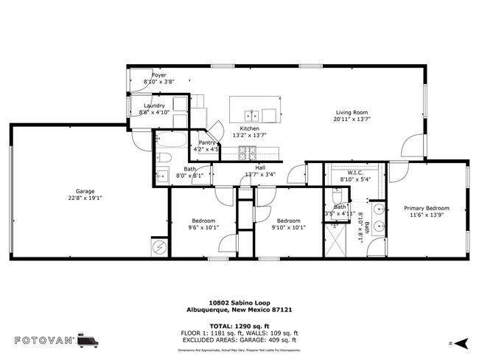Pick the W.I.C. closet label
[x=348, y=173]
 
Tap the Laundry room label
[x=154, y=105]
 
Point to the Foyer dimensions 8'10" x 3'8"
[x=159, y=82]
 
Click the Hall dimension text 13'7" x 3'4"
[x=259, y=175]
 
